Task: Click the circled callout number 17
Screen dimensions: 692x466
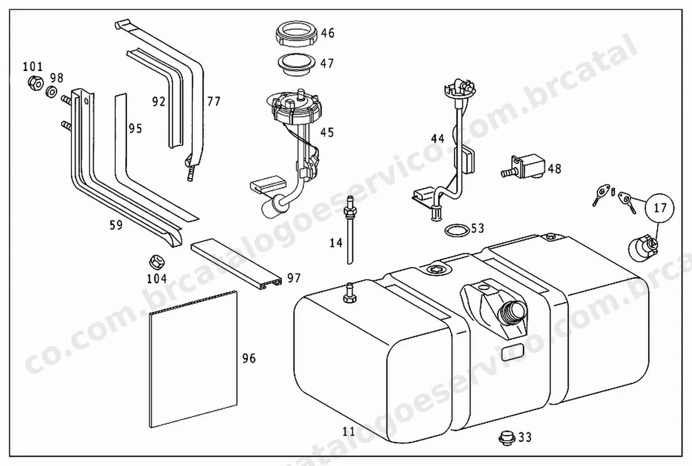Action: point(660,208)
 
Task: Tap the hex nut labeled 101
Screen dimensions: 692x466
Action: point(36,83)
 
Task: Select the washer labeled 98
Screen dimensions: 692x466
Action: point(51,92)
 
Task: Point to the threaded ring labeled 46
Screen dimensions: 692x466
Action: point(296,33)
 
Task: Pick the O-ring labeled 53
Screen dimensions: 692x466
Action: point(457,230)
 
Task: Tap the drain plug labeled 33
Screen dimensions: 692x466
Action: point(507,438)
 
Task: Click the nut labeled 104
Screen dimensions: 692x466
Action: point(157,262)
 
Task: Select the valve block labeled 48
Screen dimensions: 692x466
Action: point(524,167)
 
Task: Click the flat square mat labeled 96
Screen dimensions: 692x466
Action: point(193,359)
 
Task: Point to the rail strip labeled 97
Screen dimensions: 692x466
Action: point(236,264)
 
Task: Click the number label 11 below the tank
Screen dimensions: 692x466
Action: point(349,431)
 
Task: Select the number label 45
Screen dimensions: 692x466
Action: point(327,133)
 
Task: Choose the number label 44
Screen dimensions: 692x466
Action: point(438,139)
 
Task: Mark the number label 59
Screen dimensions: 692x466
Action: point(116,226)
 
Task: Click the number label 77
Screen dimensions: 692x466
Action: point(214,102)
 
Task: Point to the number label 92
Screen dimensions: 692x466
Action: point(159,102)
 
